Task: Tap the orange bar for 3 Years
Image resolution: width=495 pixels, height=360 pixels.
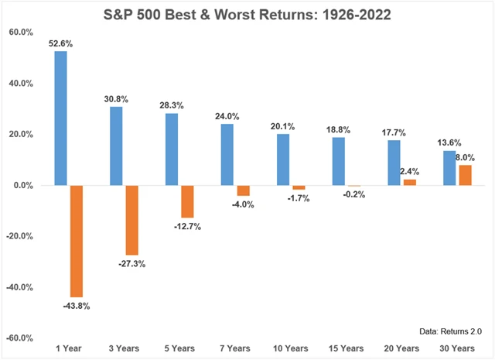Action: (131, 221)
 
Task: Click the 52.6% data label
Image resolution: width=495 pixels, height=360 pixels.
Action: (60, 44)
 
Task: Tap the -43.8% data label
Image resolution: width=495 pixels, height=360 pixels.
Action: (76, 306)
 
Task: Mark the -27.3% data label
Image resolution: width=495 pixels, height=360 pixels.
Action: (131, 263)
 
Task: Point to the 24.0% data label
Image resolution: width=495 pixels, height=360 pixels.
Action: (227, 117)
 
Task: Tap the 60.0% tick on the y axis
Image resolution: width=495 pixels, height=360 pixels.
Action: (20, 33)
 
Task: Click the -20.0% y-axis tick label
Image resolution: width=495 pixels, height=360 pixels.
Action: (20, 236)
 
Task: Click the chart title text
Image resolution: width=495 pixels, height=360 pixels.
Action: (247, 12)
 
